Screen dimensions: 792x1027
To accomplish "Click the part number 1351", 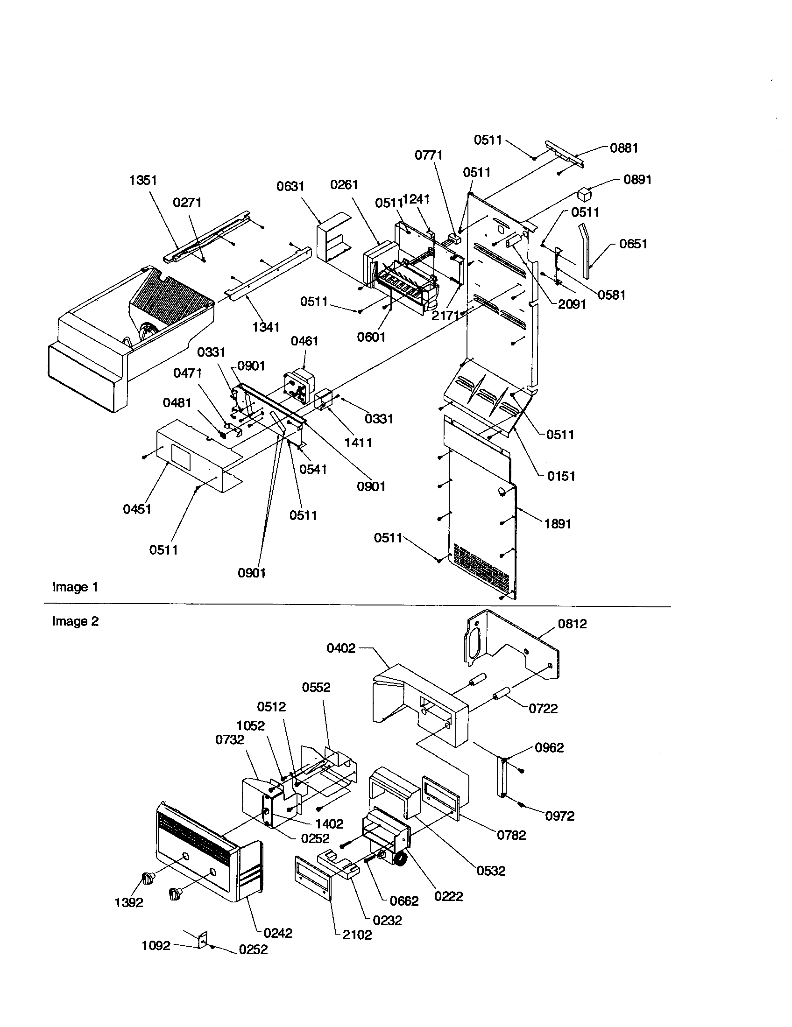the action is [x=143, y=180].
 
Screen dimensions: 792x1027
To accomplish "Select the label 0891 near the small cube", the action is [x=637, y=180].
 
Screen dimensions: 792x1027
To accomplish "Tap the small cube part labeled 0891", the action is [x=584, y=194].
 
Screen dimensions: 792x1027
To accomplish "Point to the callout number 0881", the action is [x=623, y=148].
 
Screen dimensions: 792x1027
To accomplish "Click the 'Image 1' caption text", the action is [x=75, y=587].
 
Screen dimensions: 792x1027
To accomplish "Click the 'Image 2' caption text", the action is [x=75, y=621].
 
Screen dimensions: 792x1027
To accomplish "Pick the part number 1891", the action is [x=558, y=524].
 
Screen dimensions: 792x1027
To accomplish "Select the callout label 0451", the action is [x=137, y=509].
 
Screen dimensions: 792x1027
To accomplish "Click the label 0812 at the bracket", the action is [x=573, y=624].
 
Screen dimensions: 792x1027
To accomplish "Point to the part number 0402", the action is [x=341, y=648].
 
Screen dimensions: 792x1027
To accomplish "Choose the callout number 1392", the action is [x=129, y=902].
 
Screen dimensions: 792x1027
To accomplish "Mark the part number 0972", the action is [x=559, y=816].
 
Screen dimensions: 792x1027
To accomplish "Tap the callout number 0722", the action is [x=543, y=709].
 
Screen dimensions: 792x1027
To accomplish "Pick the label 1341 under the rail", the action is [x=266, y=327].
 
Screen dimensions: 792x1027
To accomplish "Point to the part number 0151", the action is [x=561, y=476].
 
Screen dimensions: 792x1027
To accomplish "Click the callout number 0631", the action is [x=290, y=187].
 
